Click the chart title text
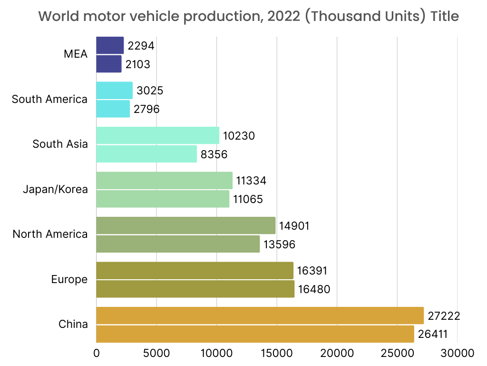(x=248, y=16)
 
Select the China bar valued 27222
(x=260, y=315)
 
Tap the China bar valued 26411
(x=255, y=334)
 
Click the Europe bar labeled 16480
(x=195, y=289)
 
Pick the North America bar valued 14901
(x=185, y=225)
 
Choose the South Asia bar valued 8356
(x=146, y=154)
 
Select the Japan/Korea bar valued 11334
(x=164, y=181)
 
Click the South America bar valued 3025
(x=114, y=91)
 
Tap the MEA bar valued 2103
(x=109, y=64)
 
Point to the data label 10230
(x=239, y=136)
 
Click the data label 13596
(x=280, y=244)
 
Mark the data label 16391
(x=312, y=271)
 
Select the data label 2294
(x=141, y=46)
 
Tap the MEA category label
(x=76, y=54)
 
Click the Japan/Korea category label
(x=55, y=189)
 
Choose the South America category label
(x=49, y=99)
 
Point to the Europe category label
(x=69, y=279)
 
